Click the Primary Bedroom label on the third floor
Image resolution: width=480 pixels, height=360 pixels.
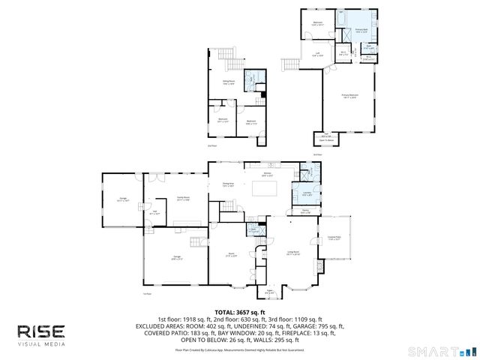coord(349,97)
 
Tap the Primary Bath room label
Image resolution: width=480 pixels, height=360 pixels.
coord(361,31)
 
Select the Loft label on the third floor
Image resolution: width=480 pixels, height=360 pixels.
coord(317,54)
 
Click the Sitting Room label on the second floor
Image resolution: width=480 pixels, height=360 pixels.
coord(228,82)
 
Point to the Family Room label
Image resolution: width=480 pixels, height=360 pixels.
coord(181,199)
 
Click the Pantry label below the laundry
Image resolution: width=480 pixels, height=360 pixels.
coord(306,211)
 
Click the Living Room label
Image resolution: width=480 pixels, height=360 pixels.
coord(292,253)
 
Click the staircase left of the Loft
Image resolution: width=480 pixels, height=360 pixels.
coord(291,63)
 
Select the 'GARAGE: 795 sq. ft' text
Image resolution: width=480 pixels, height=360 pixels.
coord(314,326)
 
